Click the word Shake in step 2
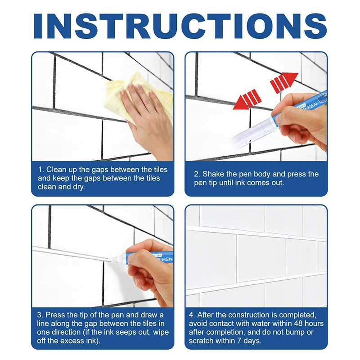214,174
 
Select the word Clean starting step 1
57,170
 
